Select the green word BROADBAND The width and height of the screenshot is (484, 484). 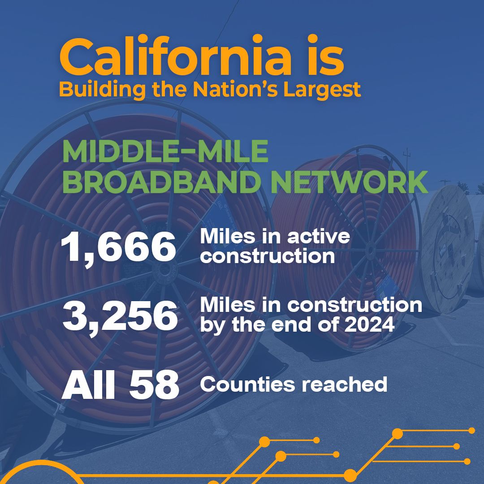coord(162,182)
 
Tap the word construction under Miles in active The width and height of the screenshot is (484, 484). coord(267,256)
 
